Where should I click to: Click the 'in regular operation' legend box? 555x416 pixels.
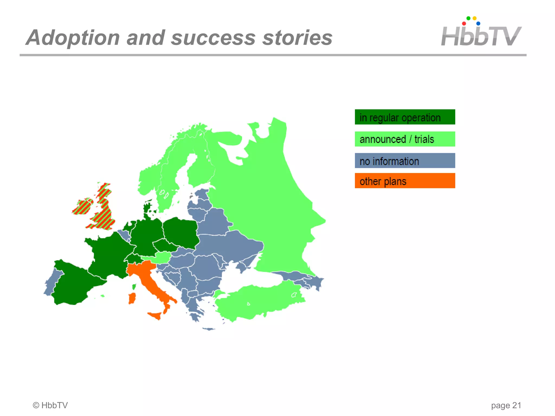pyautogui.click(x=405, y=117)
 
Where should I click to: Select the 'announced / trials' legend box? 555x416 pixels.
pyautogui.click(x=405, y=139)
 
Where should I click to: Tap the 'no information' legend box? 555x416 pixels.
pyautogui.click(x=405, y=161)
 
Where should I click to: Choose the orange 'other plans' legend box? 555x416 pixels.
pyautogui.click(x=405, y=181)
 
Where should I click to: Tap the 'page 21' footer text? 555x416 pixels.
pyautogui.click(x=506, y=405)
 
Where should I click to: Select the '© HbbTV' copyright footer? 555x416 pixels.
pyautogui.click(x=50, y=405)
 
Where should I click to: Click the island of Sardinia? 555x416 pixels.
pyautogui.click(x=132, y=298)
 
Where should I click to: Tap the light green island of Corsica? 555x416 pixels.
pyautogui.click(x=134, y=287)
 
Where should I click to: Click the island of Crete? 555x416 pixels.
pyautogui.click(x=209, y=329)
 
